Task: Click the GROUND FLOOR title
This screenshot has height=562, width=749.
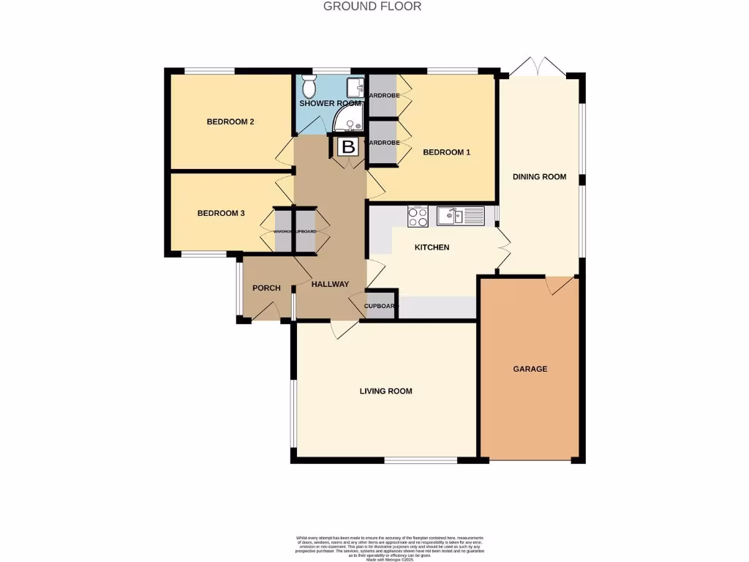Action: [x=372, y=7]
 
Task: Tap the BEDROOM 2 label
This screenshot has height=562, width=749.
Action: [x=230, y=121]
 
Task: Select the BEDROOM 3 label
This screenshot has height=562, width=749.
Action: [x=220, y=214]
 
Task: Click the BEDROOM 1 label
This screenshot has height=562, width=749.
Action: [x=446, y=152]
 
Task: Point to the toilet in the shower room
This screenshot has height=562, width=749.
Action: [x=309, y=89]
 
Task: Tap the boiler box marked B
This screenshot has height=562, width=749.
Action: [x=349, y=146]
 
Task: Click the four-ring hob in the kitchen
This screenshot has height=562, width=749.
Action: [x=418, y=216]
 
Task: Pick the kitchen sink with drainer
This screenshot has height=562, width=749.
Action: [x=460, y=216]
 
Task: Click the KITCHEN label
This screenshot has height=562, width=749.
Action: [x=432, y=247]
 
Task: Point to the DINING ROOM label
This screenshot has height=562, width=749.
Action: [x=539, y=176]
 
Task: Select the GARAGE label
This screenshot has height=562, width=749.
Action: [x=530, y=369]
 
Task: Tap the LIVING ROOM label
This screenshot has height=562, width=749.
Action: [x=385, y=391]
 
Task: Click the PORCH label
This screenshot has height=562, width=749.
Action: [x=266, y=288]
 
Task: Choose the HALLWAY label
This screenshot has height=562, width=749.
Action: [x=330, y=284]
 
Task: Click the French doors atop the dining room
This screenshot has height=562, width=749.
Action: [x=538, y=67]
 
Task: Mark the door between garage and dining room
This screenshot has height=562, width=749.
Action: [x=561, y=285]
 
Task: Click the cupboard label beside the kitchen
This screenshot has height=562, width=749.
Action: [x=380, y=306]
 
